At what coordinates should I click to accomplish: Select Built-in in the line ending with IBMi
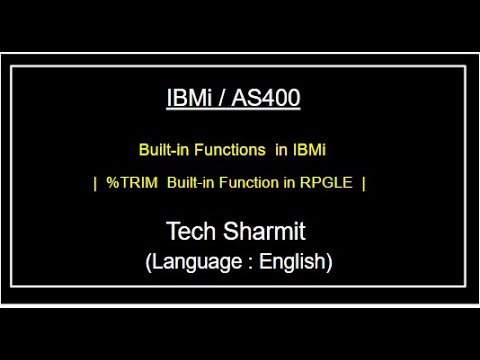click(x=161, y=150)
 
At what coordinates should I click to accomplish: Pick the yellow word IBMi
click(x=309, y=150)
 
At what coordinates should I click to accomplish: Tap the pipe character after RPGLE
click(x=363, y=183)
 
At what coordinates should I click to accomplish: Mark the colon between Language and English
click(x=250, y=263)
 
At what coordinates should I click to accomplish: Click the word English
click(x=294, y=262)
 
